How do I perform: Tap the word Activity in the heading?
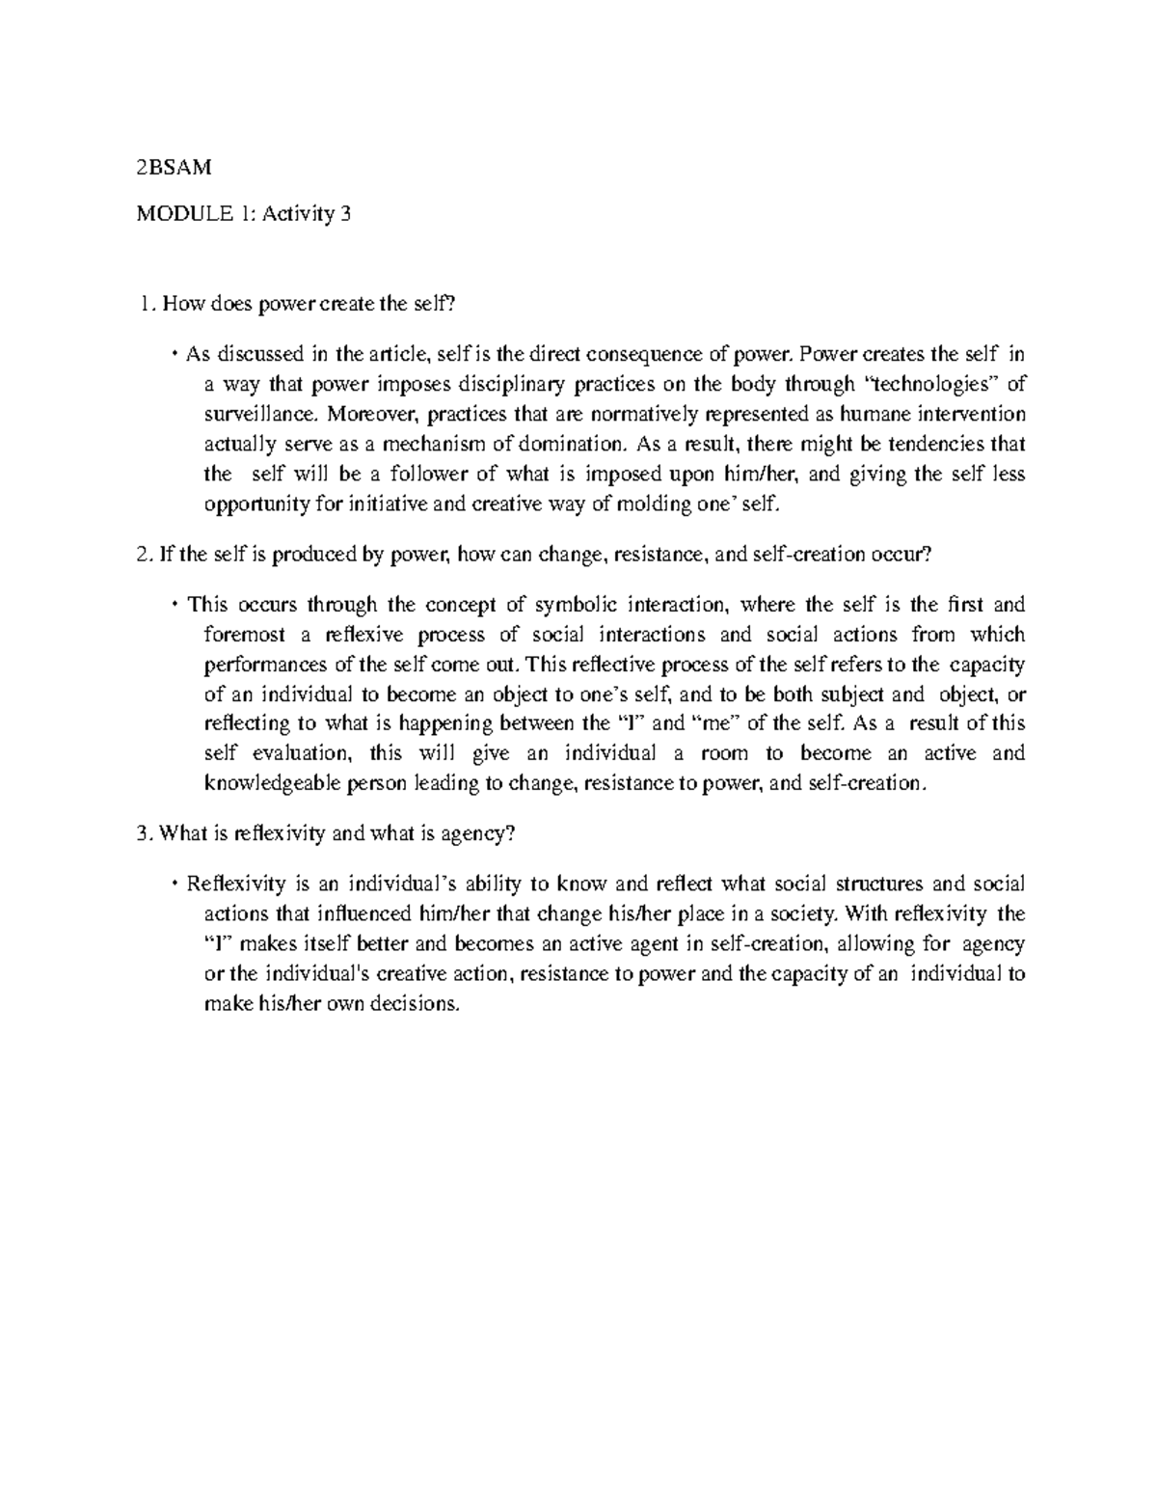pyautogui.click(x=284, y=215)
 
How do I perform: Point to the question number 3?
pyautogui.click(x=144, y=834)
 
